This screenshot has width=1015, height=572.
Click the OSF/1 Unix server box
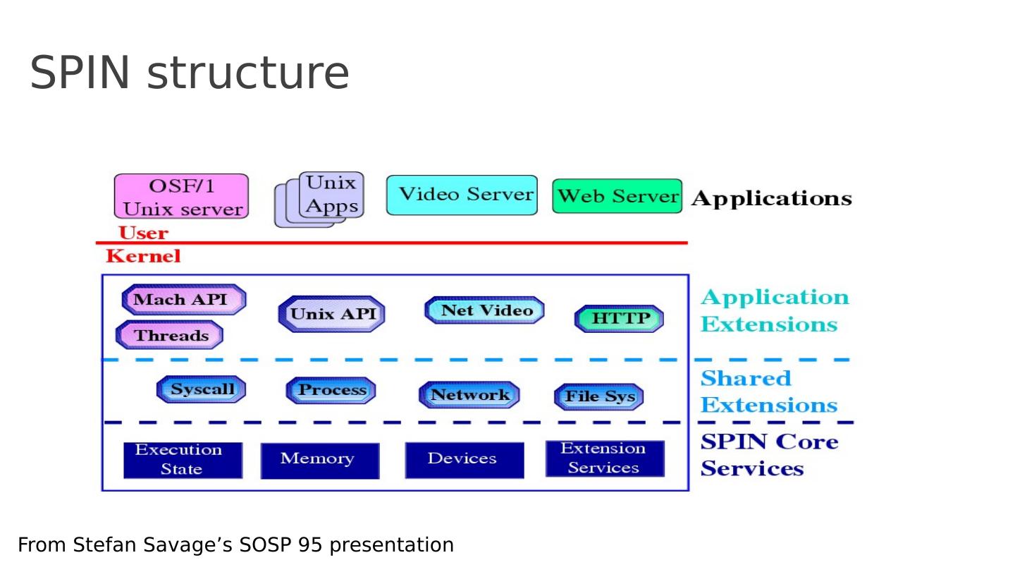181,197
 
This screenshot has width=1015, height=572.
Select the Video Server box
462,195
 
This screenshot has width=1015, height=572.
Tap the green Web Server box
617,196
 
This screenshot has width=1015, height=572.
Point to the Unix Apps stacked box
331,195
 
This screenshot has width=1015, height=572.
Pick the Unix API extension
332,314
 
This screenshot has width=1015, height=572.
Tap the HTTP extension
619,319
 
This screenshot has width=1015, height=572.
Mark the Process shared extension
331,390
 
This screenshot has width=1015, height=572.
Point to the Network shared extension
469,395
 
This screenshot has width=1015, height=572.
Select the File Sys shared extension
599,396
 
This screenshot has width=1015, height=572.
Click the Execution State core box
183,460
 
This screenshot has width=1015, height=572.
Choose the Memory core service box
319,460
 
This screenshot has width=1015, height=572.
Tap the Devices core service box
464,460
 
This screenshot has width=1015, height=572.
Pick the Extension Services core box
605,458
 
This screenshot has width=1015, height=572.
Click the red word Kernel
143,257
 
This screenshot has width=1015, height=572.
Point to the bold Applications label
771,199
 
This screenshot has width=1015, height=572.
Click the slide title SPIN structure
189,73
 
